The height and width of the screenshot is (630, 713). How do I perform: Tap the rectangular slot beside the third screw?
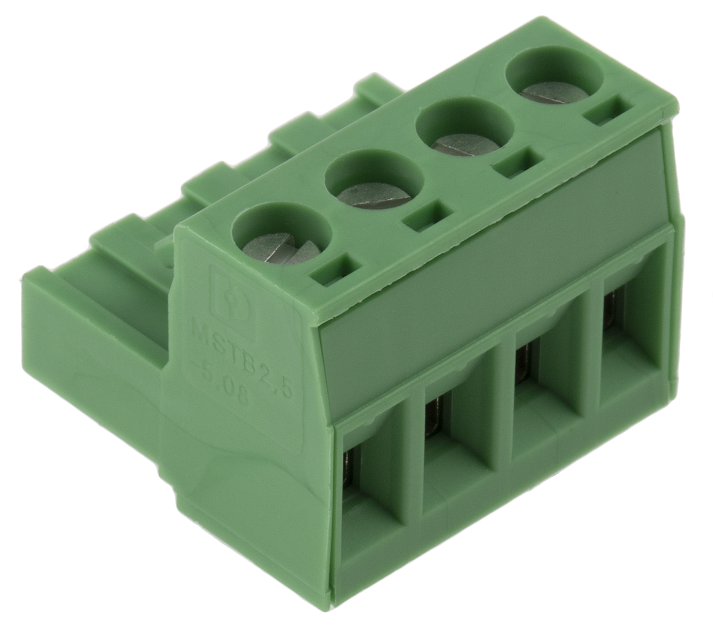pos(516,165)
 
